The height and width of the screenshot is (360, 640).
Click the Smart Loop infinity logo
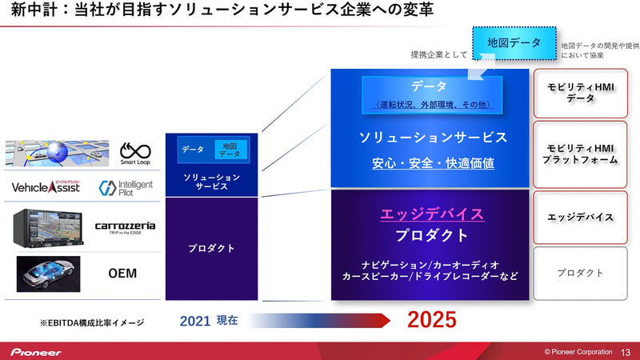pos(135,152)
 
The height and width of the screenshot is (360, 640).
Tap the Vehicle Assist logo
pos(46,188)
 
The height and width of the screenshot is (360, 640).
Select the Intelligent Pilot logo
pos(126,188)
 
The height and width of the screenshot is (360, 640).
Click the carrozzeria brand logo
pos(126,227)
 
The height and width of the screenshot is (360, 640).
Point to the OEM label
pos(122,274)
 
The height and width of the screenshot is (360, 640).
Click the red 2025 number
pos(432,320)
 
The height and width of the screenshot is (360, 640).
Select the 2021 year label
pos(195,321)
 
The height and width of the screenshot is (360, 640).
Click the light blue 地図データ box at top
pos(514,42)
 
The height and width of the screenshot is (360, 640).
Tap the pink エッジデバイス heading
pos(431,214)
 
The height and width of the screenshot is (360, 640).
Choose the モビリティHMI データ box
pos(581,93)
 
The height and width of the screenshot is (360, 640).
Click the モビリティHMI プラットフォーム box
pos(581,154)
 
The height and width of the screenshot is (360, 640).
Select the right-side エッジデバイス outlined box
pos(581,217)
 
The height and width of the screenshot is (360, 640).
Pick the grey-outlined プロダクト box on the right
pos(581,273)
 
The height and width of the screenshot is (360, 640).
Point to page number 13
pos(626,351)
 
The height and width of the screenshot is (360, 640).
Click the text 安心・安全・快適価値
pos(432,163)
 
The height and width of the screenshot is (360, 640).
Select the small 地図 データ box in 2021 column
pos(230,149)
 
